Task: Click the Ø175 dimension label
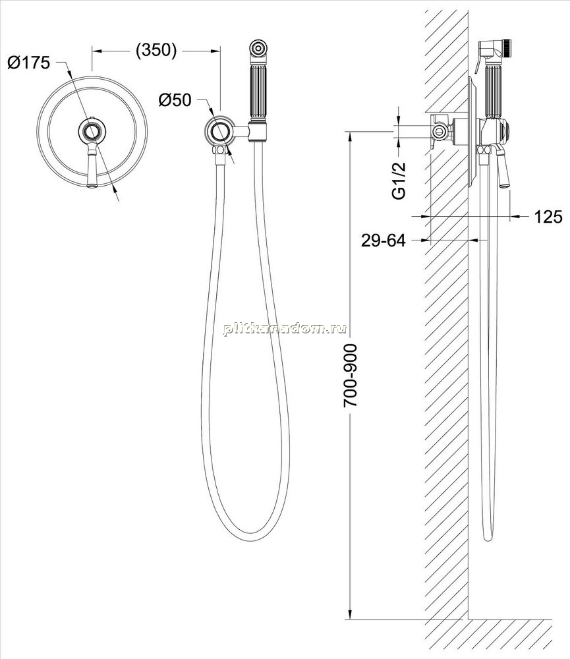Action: (28, 63)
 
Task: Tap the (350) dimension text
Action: (156, 50)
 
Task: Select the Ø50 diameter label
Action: (175, 100)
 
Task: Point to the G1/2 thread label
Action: (399, 181)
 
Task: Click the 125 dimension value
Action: (548, 216)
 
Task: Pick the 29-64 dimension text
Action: (384, 241)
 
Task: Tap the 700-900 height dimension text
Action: (350, 376)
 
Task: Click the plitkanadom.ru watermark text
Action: (285, 329)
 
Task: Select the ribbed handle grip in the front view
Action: (258, 92)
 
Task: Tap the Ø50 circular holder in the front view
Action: (219, 132)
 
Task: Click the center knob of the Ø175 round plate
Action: (92, 132)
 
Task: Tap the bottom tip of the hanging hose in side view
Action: (488, 538)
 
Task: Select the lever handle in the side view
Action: (502, 167)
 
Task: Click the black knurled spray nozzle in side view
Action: (507, 47)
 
